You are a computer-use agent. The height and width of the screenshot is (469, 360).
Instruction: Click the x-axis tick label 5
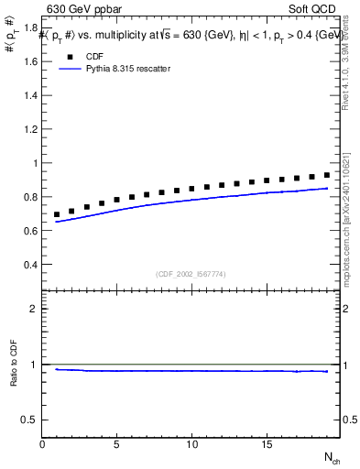(117, 444)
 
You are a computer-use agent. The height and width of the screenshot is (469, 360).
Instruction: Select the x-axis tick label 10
(191, 444)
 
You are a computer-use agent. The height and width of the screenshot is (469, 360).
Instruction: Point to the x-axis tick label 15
(266, 444)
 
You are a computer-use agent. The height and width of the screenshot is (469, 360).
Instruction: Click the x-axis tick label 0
(43, 444)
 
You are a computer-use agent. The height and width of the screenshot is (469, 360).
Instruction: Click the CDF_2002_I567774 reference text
(191, 274)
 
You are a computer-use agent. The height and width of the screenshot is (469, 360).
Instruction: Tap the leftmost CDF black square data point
(58, 214)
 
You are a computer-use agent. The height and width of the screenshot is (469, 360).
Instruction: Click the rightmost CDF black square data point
(326, 175)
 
